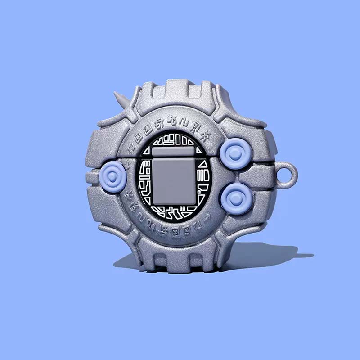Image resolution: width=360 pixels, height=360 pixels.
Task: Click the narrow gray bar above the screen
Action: pyautogui.click(x=173, y=152)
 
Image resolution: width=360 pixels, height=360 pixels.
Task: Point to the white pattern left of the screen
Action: pyautogui.click(x=145, y=180)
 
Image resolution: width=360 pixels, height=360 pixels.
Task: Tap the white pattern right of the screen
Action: pyautogui.click(x=201, y=180)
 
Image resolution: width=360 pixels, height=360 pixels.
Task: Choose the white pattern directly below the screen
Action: pyautogui.click(x=173, y=211)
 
